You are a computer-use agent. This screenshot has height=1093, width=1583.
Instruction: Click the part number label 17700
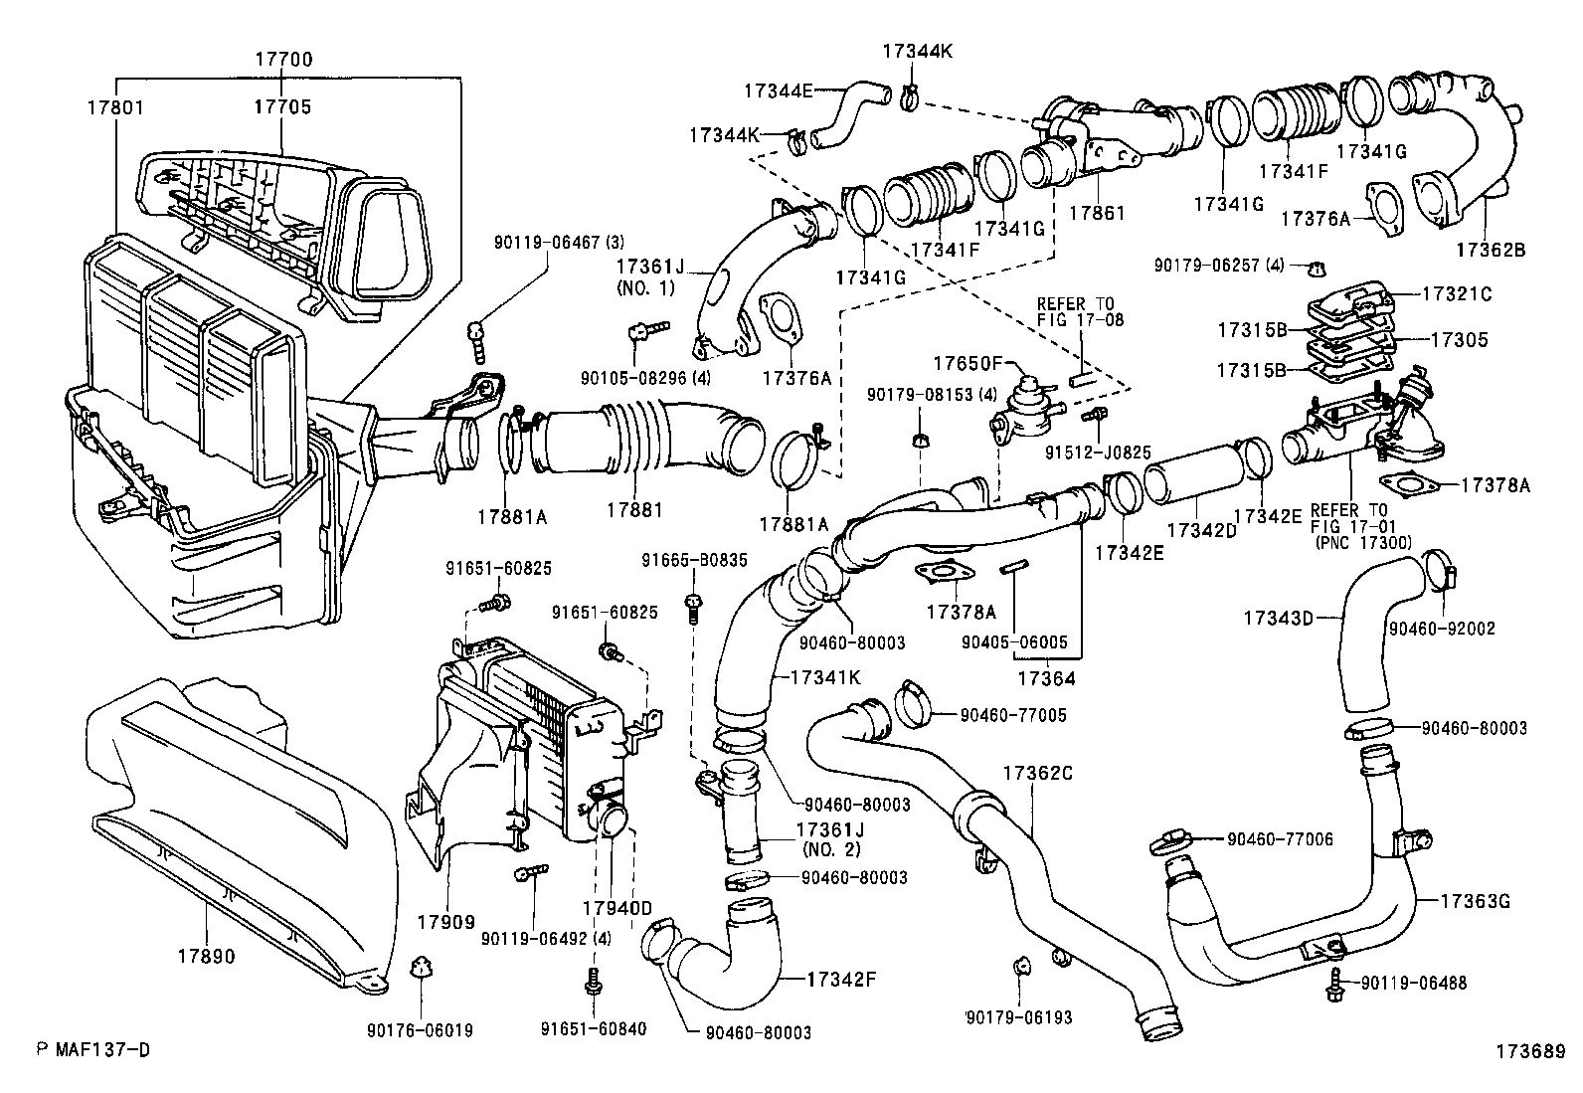[283, 60]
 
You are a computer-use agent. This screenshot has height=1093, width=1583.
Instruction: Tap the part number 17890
[207, 957]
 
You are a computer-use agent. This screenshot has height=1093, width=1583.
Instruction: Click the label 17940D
[616, 908]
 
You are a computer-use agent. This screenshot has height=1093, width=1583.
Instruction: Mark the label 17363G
[1476, 901]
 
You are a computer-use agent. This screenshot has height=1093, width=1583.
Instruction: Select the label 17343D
[1278, 618]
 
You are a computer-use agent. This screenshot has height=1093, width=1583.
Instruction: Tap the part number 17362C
[1038, 772]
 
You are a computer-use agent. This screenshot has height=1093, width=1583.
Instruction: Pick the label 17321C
[1457, 294]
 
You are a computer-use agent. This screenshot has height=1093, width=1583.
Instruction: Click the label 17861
[1097, 212]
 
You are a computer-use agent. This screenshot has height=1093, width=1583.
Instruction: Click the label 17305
[1459, 340]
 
